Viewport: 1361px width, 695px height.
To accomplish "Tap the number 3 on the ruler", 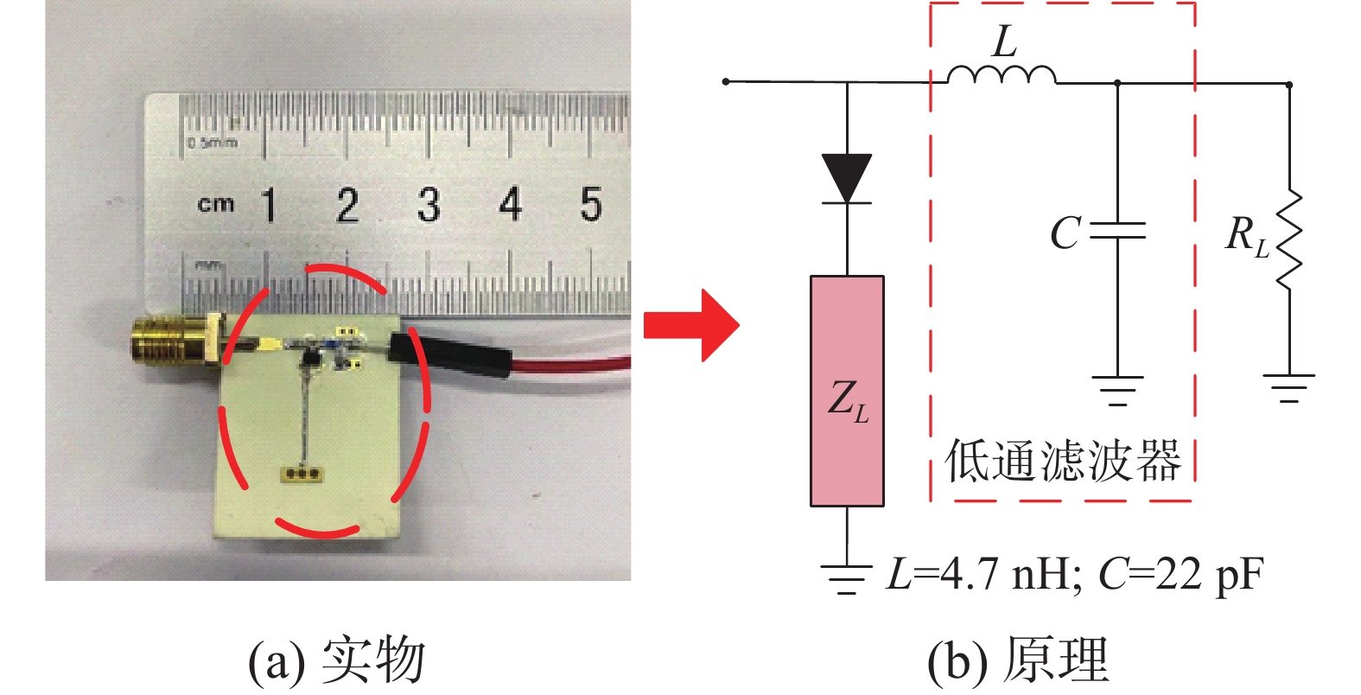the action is point(428,206).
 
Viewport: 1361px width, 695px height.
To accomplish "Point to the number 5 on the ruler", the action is point(590,204).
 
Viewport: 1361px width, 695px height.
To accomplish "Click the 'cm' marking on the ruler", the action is point(216,204).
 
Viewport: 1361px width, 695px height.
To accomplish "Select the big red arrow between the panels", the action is point(691,325).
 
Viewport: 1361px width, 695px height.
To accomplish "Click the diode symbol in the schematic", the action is point(847,180).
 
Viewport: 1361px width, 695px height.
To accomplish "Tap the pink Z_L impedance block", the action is point(847,391).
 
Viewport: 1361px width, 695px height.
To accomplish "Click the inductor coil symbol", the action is point(1002,76).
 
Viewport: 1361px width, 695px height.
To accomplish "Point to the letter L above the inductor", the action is point(1005,41).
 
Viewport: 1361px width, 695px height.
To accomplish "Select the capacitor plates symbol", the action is point(1117,230).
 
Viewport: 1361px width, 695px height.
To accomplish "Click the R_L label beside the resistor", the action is point(1247,235).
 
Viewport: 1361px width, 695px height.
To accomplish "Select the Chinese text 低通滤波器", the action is point(1063,461).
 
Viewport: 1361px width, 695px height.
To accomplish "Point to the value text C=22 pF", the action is point(1180,574).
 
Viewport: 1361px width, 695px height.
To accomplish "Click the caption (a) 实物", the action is point(337,660).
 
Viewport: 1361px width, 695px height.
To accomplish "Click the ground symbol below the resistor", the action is point(1288,388).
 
